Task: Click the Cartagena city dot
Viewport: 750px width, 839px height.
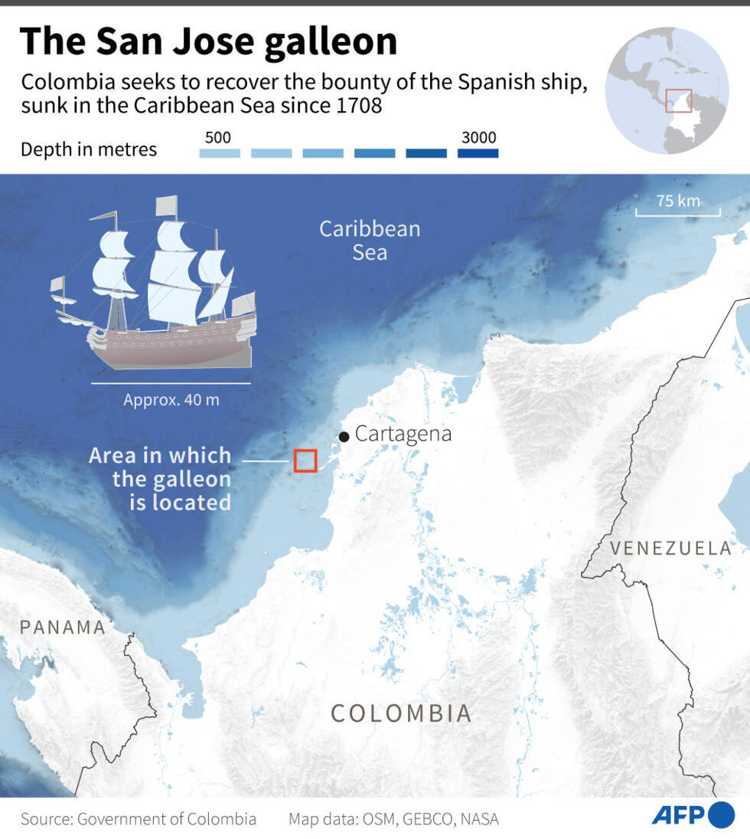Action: pyautogui.click(x=344, y=437)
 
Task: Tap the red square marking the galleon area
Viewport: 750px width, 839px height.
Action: pyautogui.click(x=305, y=460)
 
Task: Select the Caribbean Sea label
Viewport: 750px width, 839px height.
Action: pyautogui.click(x=370, y=240)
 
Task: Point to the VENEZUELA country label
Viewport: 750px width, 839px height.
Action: pyautogui.click(x=671, y=549)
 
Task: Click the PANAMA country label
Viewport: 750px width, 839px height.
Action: pyautogui.click(x=63, y=628)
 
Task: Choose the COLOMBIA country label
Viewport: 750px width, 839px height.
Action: pyautogui.click(x=401, y=713)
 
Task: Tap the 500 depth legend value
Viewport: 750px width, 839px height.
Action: pyautogui.click(x=218, y=138)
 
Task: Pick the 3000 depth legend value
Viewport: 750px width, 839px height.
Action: pyautogui.click(x=478, y=138)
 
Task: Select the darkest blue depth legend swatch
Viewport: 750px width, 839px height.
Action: pyautogui.click(x=478, y=153)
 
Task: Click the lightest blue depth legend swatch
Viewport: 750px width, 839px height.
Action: pyautogui.click(x=219, y=153)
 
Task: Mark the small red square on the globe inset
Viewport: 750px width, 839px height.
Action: pyautogui.click(x=678, y=101)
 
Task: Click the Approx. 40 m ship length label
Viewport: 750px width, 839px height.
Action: pyautogui.click(x=171, y=399)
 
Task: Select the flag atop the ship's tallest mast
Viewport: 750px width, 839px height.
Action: pyautogui.click(x=166, y=205)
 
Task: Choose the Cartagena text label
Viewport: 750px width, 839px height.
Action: pyautogui.click(x=403, y=434)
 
